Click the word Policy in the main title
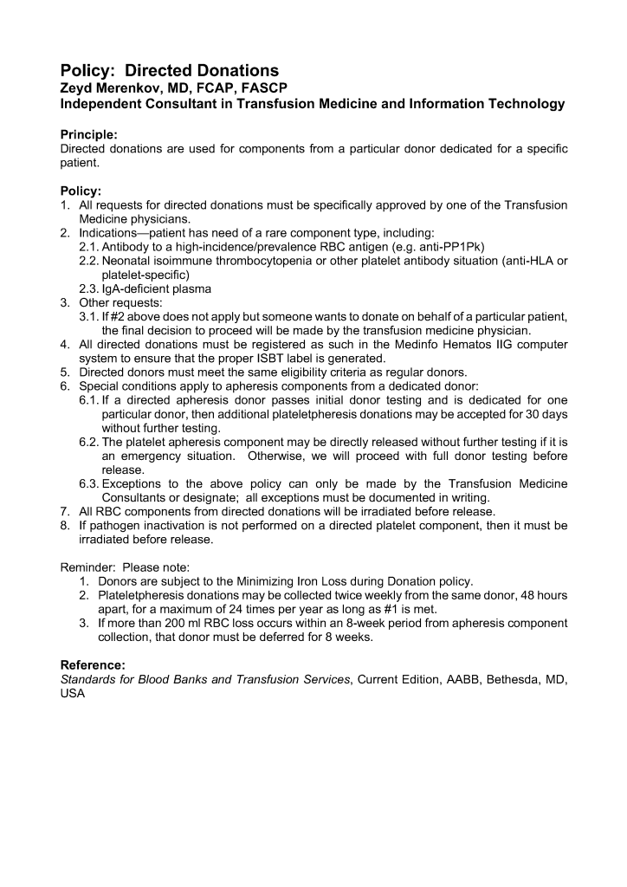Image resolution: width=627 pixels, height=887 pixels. point(84,70)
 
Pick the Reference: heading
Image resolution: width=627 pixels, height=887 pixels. point(93,665)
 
